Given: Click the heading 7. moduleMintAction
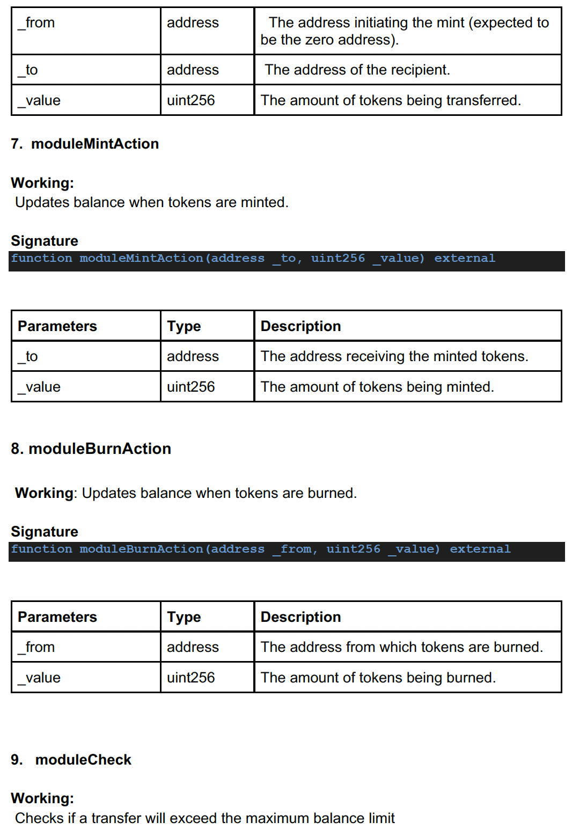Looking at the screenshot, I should coord(85,144).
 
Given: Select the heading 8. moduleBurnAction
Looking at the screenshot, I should coord(91,449).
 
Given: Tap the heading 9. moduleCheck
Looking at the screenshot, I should coord(71,760).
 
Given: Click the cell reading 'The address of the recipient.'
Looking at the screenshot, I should coord(357,70).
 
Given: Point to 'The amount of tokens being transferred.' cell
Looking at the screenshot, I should coord(391,100).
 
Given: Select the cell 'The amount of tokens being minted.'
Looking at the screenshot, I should coord(377,387).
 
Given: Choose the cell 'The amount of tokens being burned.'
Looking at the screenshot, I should coord(378,678).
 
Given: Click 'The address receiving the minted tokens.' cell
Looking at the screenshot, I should coord(394,356).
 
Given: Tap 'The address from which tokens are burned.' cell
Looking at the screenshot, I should coord(401,647).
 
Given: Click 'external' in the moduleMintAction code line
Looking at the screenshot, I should coord(465,259).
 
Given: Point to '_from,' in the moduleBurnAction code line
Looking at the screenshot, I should coord(295,549).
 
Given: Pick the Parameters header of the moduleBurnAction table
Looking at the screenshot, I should coord(57,617).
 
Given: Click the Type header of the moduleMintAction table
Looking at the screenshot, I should coord(184,326).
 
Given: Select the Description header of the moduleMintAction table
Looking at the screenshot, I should coord(300,326).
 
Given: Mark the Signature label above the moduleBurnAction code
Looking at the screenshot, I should coord(45,532).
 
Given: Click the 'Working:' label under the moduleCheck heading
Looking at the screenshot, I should coord(42,798).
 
